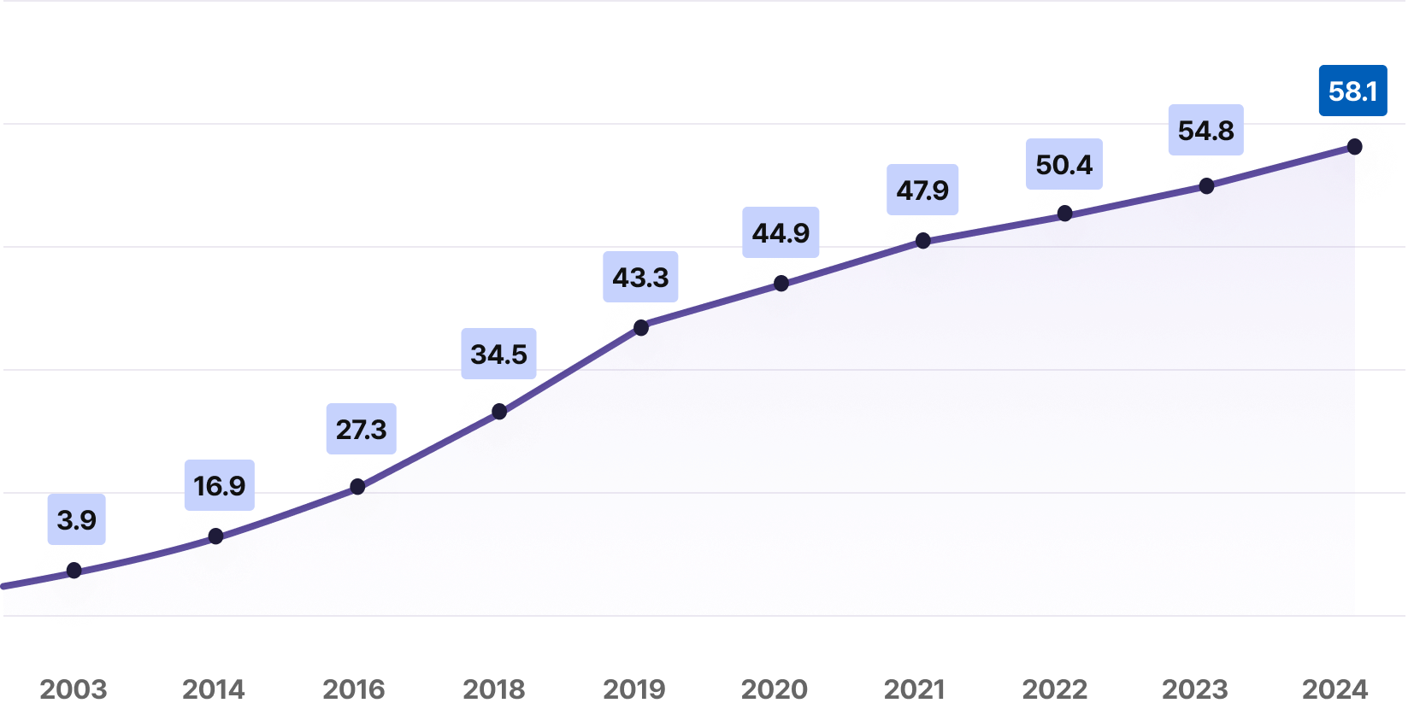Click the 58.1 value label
(x=1352, y=91)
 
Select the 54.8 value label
(x=1205, y=131)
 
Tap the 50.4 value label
(x=1063, y=164)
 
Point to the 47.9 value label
(x=922, y=190)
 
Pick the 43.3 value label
(x=640, y=277)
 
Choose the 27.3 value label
(x=361, y=429)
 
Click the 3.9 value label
(x=76, y=519)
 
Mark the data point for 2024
(x=1354, y=147)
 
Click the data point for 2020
(x=781, y=284)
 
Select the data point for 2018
(x=499, y=412)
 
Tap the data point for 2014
(x=216, y=536)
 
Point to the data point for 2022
(x=1064, y=214)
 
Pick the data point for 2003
(x=74, y=570)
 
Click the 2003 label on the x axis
(x=74, y=689)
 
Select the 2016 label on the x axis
(x=354, y=689)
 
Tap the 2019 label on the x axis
(x=634, y=689)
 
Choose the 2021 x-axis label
(x=915, y=689)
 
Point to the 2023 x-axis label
(x=1195, y=689)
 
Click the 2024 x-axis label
(x=1335, y=689)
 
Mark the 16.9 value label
(x=219, y=485)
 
